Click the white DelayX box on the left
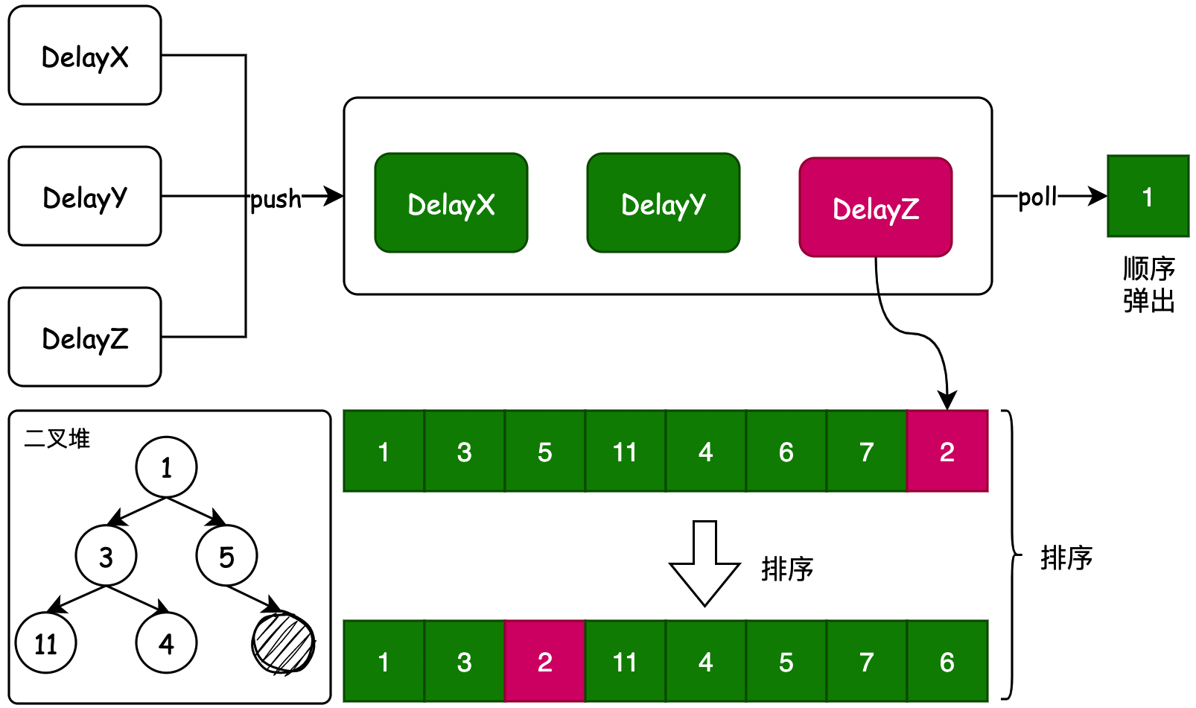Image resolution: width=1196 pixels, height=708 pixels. [x=85, y=56]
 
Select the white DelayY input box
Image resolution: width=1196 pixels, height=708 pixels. [x=85, y=197]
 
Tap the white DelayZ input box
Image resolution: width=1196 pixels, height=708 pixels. [x=85, y=338]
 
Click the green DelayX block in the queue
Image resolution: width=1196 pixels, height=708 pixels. [x=451, y=203]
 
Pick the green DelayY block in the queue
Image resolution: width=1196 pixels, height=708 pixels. [x=664, y=203]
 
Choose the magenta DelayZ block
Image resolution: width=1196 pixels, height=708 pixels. [x=876, y=208]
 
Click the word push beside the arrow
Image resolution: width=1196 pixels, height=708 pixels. [x=276, y=199]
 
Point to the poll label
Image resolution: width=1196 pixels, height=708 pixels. [x=1037, y=197]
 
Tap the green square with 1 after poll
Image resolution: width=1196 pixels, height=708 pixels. [x=1148, y=197]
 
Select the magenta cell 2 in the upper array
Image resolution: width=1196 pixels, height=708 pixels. [x=947, y=452]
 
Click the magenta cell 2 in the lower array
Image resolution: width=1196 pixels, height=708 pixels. [x=545, y=662]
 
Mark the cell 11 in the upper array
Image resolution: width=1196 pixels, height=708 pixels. [x=626, y=452]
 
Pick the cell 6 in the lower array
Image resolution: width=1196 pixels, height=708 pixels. [x=947, y=662]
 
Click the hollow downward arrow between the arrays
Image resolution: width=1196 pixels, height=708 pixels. [x=704, y=563]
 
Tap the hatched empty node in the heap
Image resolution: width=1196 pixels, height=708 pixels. [x=283, y=643]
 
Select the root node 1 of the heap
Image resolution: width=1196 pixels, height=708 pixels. [x=166, y=467]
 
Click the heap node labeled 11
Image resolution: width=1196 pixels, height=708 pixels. [x=46, y=643]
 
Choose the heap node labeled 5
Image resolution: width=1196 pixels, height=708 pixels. [x=226, y=556]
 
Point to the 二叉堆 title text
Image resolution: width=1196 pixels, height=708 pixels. [x=57, y=438]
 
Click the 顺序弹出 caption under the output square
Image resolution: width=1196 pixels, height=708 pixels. [x=1148, y=285]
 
